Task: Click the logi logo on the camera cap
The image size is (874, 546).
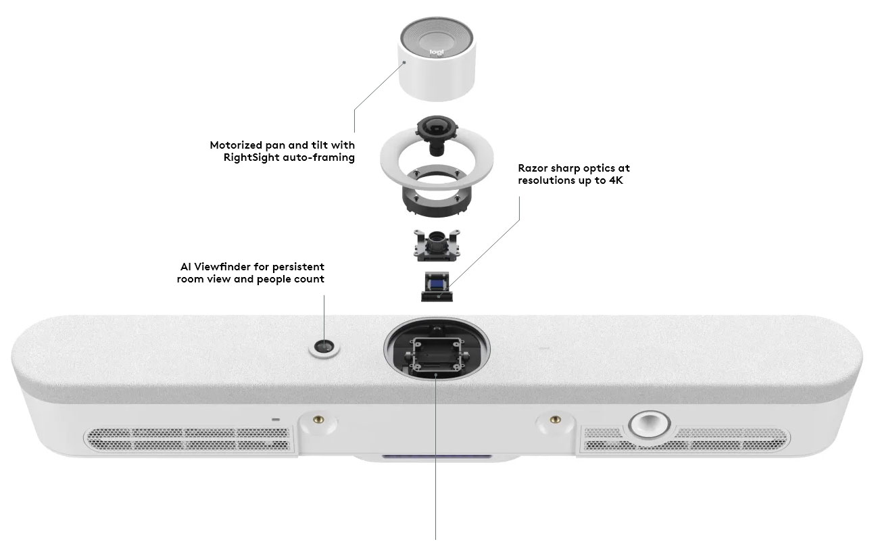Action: tap(437, 52)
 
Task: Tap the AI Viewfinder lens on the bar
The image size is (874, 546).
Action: tap(324, 347)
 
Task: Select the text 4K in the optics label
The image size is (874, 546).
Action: tap(616, 180)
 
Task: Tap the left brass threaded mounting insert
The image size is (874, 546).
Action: tap(319, 420)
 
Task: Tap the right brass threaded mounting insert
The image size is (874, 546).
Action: tap(555, 420)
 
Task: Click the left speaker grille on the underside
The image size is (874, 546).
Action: tap(189, 439)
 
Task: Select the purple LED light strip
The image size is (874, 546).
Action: tap(437, 456)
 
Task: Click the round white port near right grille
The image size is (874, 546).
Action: tap(650, 424)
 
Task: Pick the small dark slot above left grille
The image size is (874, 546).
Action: tap(276, 420)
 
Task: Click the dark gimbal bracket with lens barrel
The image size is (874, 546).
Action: tap(437, 245)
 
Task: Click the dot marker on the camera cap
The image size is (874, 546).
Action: tap(405, 62)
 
